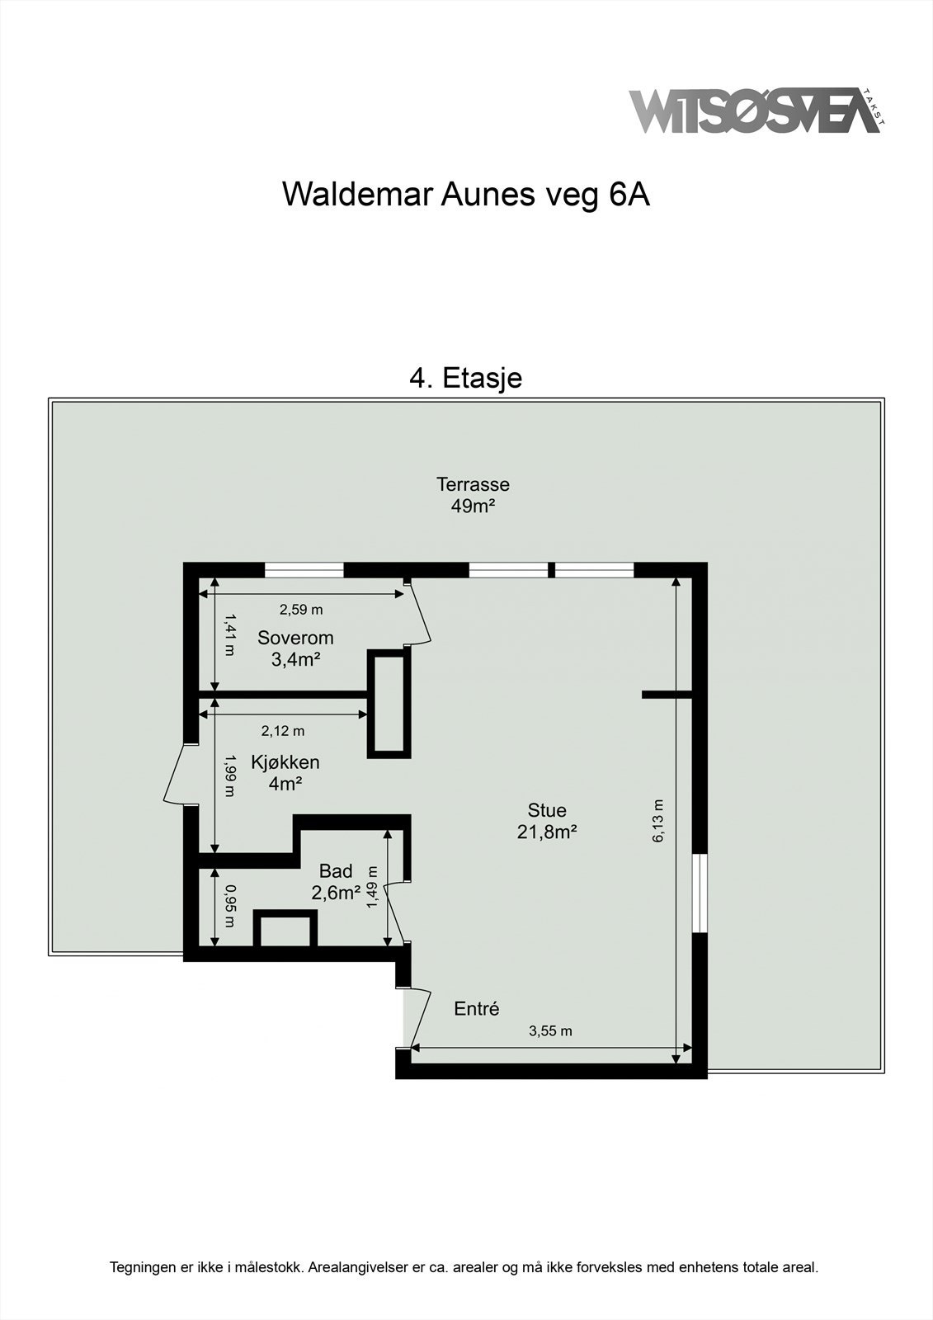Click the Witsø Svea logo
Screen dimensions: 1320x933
click(755, 111)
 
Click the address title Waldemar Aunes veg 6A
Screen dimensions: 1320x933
click(466, 195)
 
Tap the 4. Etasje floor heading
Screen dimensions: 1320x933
click(466, 378)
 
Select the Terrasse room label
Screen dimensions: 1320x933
click(473, 484)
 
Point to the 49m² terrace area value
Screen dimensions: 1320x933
click(473, 506)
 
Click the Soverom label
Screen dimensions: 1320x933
click(295, 638)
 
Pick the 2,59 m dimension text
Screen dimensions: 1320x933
click(301, 610)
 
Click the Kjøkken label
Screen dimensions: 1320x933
click(285, 762)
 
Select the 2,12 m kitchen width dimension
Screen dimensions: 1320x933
click(283, 730)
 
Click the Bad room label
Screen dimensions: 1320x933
click(336, 871)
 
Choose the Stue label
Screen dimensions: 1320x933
click(547, 810)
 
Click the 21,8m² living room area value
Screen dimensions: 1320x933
click(547, 832)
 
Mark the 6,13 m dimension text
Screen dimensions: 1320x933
click(658, 821)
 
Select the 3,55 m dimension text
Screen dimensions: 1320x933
click(550, 1031)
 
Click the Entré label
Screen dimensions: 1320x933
click(477, 1008)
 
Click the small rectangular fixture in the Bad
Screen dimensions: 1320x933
click(285, 930)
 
